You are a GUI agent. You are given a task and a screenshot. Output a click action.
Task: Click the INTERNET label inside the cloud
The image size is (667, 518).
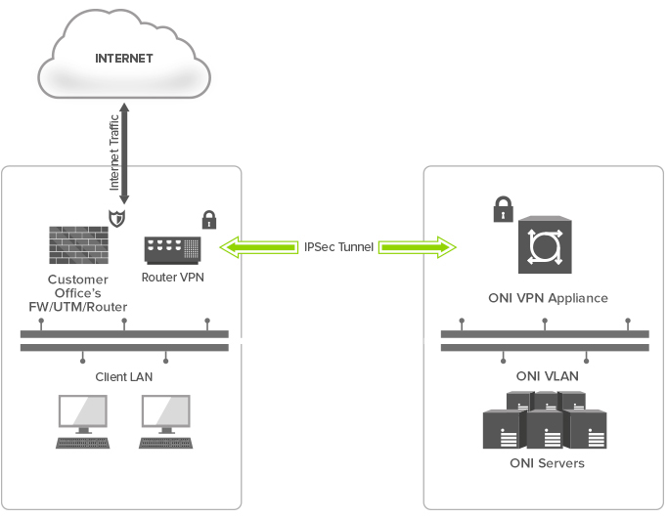(124, 59)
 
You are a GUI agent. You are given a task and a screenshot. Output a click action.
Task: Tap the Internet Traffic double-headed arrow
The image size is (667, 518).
(124, 153)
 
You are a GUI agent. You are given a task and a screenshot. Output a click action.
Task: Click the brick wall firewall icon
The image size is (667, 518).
(78, 245)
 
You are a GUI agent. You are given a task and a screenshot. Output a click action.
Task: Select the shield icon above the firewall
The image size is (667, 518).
(117, 218)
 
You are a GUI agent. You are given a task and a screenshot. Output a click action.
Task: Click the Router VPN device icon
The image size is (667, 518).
(173, 250)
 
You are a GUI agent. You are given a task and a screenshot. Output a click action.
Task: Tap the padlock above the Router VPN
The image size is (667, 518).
(209, 219)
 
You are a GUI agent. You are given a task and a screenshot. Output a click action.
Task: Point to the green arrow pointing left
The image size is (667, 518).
(258, 247)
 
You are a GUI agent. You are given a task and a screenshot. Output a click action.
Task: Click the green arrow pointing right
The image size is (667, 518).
(418, 247)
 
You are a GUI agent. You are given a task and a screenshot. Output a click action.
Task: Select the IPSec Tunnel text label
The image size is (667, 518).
(338, 247)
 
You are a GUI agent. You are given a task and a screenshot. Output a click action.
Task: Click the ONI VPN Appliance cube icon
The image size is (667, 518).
(545, 244)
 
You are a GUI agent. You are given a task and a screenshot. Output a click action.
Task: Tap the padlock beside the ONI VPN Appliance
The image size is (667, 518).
(504, 208)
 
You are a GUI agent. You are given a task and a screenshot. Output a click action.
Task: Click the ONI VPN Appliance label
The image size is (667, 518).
(548, 298)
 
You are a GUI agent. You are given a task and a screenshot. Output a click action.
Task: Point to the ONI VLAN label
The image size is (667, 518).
(548, 376)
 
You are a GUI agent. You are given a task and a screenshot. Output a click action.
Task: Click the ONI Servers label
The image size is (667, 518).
(547, 463)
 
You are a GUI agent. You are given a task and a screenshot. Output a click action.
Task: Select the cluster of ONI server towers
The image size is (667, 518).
(545, 420)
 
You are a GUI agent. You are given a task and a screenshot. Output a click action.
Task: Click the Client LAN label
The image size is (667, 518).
(124, 377)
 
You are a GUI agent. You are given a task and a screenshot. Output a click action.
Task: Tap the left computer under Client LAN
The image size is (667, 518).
(82, 421)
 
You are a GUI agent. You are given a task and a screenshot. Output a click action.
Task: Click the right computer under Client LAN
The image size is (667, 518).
(166, 421)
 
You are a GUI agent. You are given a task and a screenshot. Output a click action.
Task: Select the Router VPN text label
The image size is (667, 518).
(173, 277)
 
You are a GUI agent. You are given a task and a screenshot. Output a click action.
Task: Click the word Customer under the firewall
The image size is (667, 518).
(78, 280)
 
